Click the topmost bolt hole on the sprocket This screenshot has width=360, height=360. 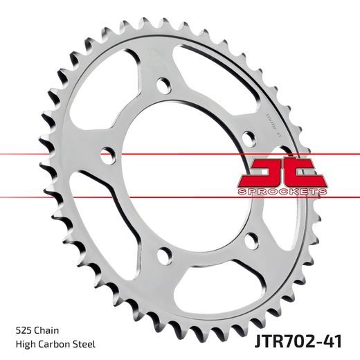(x=165, y=86)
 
